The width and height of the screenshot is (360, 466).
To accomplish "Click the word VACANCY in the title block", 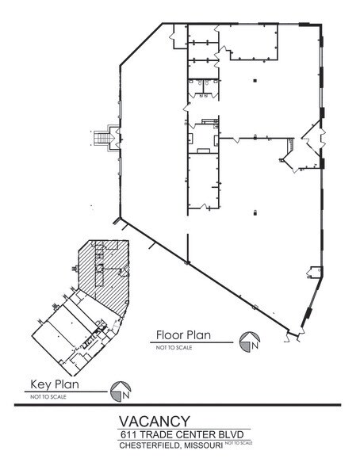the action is coord(155,421).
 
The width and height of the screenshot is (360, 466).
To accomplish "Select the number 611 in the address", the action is coord(128,434).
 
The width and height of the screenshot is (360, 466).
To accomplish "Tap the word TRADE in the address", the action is coord(155,434).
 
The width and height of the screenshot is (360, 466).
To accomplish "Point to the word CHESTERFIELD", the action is coord(150,445).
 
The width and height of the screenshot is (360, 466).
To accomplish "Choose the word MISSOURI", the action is coord(203,445).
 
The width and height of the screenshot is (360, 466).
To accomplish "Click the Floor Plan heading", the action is coord(183,335).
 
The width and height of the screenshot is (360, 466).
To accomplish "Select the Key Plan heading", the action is coord(55,384).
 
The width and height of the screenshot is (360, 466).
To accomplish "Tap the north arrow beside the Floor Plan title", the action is coord(250,342).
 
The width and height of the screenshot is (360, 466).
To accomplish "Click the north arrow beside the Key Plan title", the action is coord(121,392).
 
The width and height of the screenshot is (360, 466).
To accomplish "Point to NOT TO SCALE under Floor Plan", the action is coord(174,347).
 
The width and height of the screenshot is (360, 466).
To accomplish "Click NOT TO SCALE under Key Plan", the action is coord(48,397).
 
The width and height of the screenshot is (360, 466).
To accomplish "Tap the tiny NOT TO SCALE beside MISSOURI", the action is coord(239,443).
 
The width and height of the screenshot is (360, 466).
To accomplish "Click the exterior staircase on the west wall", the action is coord(102,138).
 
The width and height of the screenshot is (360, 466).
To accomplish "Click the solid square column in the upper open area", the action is coord(255,81).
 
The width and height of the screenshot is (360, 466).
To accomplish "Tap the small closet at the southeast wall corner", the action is coord(315,272).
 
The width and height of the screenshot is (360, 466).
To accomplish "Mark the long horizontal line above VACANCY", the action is coord(178,405).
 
